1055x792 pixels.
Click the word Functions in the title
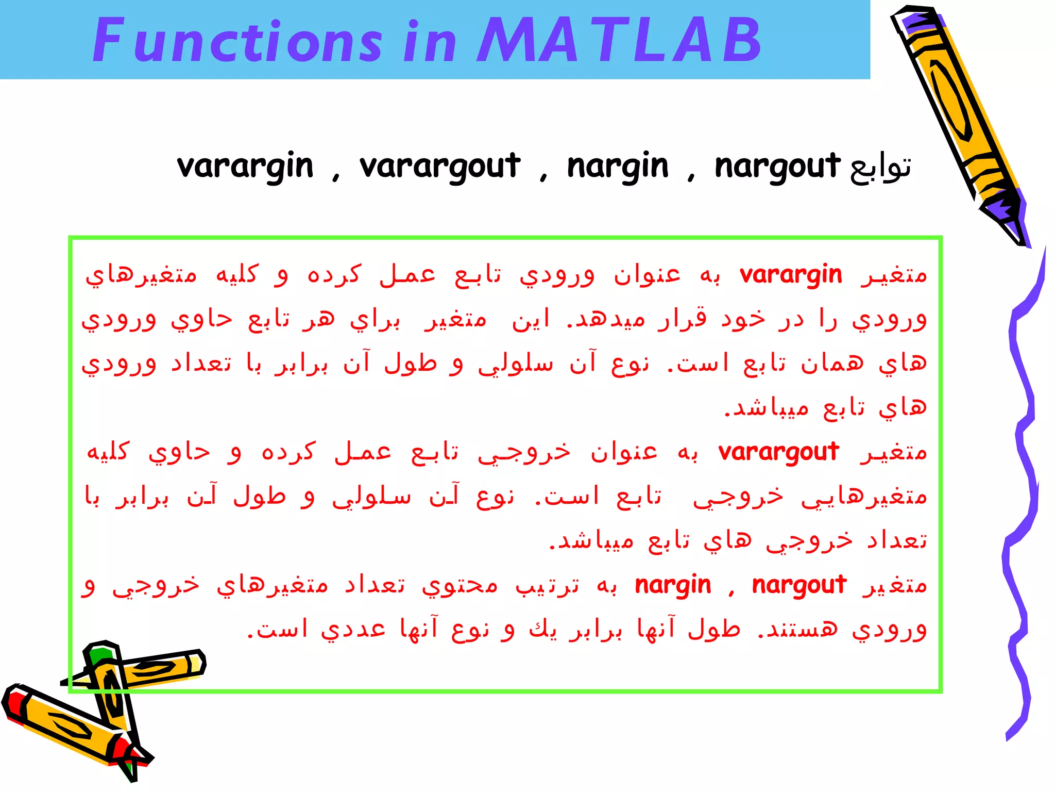pos(237,40)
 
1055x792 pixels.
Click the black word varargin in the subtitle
pos(245,167)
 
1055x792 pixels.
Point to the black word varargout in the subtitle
pos(440,167)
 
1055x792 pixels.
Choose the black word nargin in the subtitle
pos(618,167)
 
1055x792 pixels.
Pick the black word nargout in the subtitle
pos(777,167)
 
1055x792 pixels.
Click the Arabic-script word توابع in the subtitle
pos(881,167)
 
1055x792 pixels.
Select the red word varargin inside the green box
pos(791,275)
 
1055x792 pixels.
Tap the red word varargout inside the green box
pos(778,453)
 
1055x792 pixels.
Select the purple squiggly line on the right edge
pos(1023,490)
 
